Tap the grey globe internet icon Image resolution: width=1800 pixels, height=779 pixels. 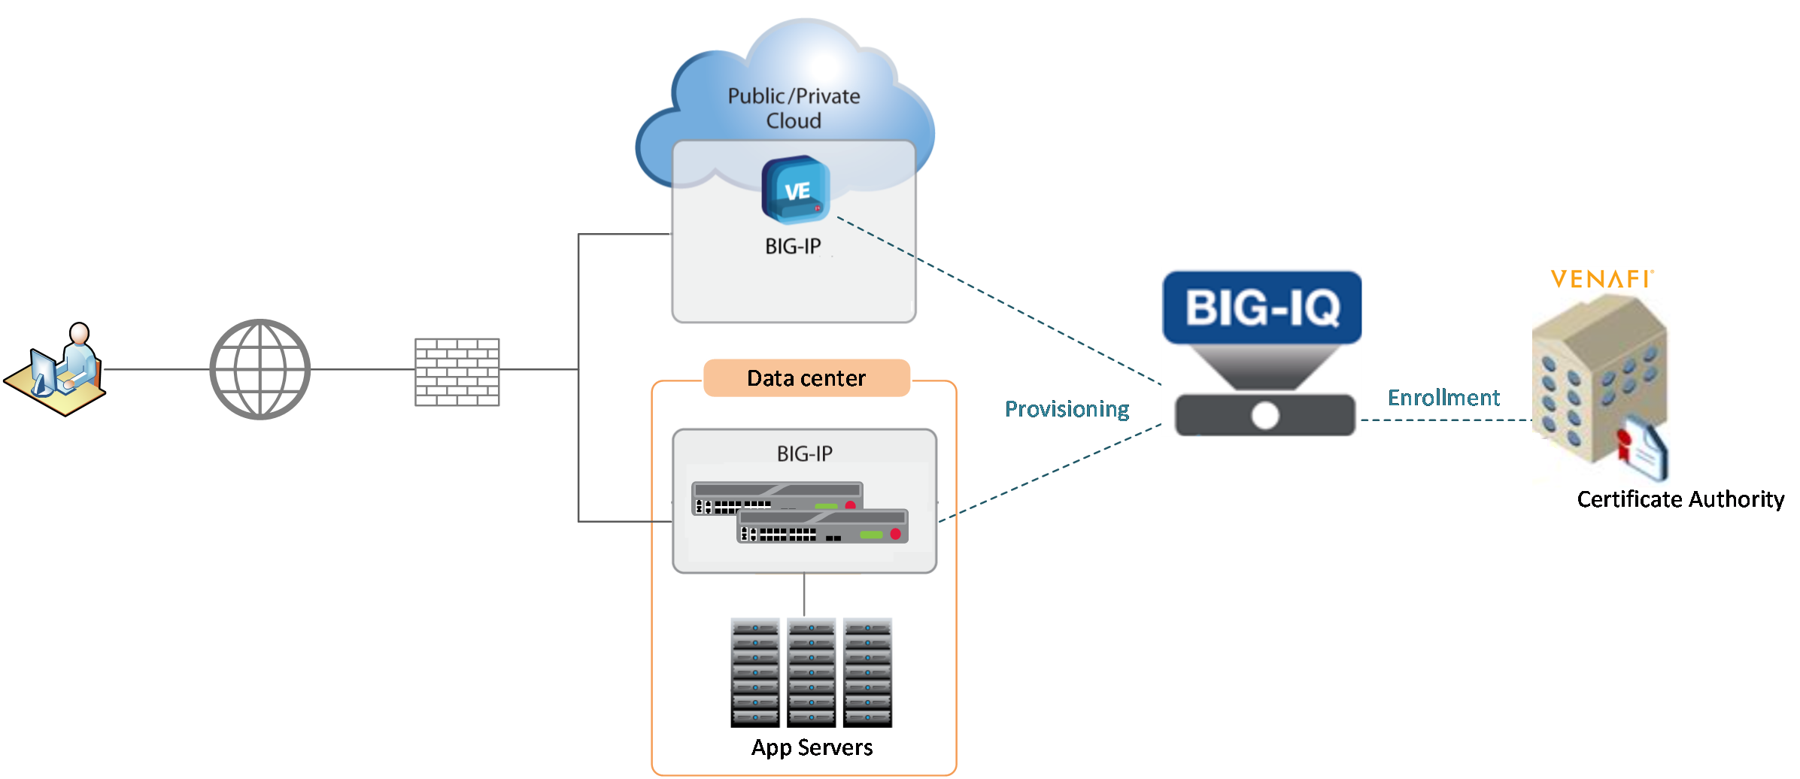coord(260,369)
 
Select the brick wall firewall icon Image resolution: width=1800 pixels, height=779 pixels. coord(457,372)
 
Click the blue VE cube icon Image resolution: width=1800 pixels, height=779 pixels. coord(796,189)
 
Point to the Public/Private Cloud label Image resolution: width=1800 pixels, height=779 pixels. coord(794,108)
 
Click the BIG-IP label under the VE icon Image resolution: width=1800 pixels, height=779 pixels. coord(793,247)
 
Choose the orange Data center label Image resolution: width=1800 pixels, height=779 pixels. coord(806,377)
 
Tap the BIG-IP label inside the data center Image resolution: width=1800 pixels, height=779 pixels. coord(805,454)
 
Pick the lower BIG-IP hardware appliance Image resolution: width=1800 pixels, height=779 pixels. coord(823,526)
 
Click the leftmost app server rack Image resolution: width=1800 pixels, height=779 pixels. coord(755,672)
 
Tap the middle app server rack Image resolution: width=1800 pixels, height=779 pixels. coord(811,672)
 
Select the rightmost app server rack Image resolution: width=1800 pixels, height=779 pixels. coord(867,672)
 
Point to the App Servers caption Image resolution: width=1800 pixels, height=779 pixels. coord(812,747)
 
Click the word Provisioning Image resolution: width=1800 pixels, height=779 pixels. coord(1067,409)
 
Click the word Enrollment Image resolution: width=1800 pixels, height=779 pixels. coord(1443,398)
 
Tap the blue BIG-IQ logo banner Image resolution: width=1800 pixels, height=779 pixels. coord(1262,308)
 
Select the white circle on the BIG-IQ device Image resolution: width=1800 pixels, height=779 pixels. coord(1265,415)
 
